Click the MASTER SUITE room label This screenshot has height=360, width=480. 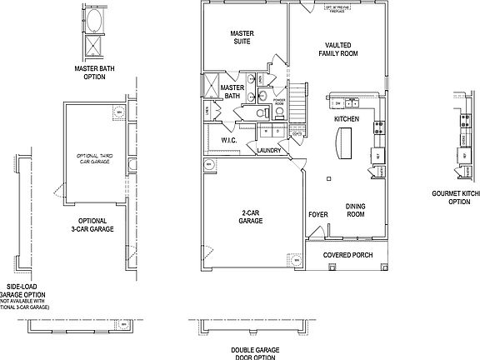242,37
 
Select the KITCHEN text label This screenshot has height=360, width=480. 346,120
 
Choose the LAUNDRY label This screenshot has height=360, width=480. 269,151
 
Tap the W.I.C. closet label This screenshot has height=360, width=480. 229,141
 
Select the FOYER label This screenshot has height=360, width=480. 317,215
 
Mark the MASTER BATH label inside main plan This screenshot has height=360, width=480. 232,92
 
